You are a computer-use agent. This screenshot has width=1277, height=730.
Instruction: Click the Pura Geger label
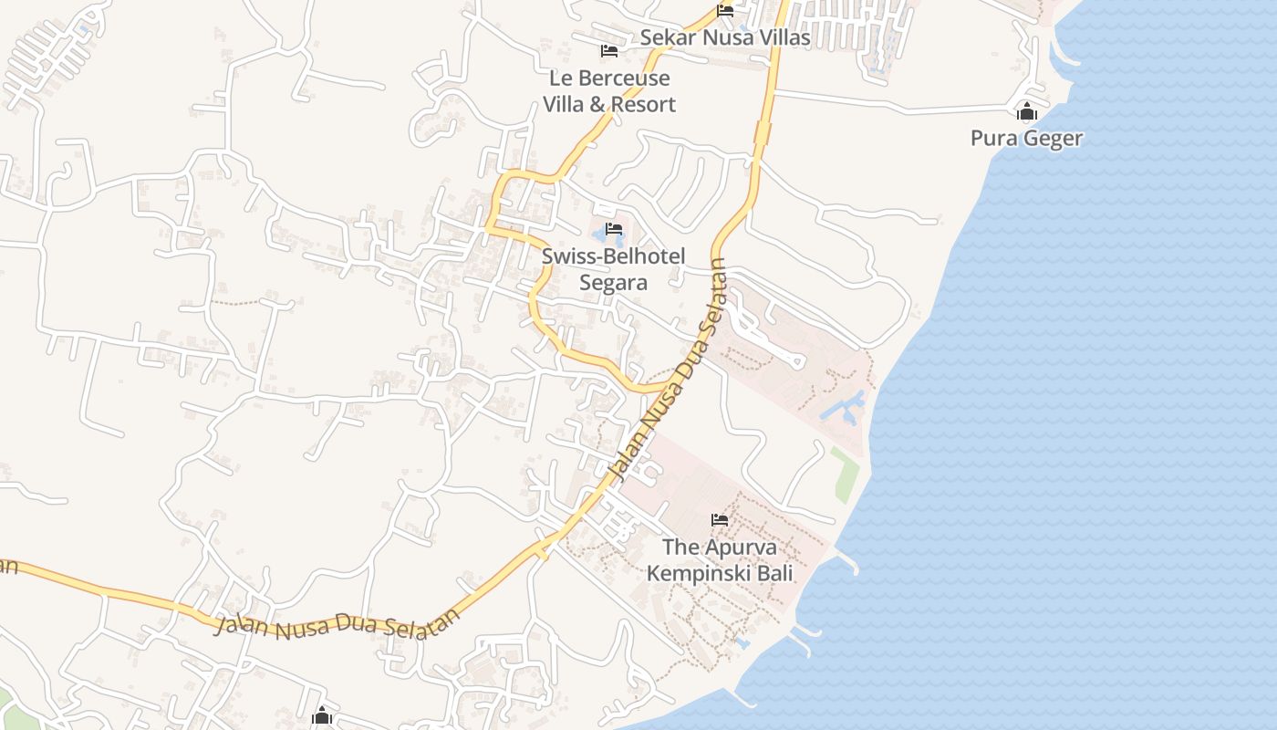(1026, 139)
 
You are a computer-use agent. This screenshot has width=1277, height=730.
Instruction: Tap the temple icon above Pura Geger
(1027, 112)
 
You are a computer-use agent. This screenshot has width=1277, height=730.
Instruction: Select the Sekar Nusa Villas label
(725, 37)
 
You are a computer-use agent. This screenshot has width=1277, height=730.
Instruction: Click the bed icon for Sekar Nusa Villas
(725, 11)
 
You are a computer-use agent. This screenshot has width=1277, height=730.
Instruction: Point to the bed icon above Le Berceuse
(609, 50)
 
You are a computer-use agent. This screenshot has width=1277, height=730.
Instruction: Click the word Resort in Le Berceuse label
(643, 104)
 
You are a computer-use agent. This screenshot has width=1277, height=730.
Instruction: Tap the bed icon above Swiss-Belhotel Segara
(614, 229)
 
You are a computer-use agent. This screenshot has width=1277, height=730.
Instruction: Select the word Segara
(613, 283)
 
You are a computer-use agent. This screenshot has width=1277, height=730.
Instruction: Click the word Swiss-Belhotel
(613, 256)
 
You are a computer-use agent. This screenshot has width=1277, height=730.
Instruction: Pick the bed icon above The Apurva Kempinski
(720, 520)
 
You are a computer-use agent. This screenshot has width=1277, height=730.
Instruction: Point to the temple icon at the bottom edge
(321, 716)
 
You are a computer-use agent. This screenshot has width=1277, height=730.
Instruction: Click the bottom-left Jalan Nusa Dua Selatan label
(337, 627)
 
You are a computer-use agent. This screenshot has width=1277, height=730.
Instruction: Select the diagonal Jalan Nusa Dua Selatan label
(667, 370)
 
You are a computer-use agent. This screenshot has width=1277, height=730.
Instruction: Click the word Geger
(1054, 139)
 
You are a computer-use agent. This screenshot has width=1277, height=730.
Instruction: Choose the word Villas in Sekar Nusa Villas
(780, 37)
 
